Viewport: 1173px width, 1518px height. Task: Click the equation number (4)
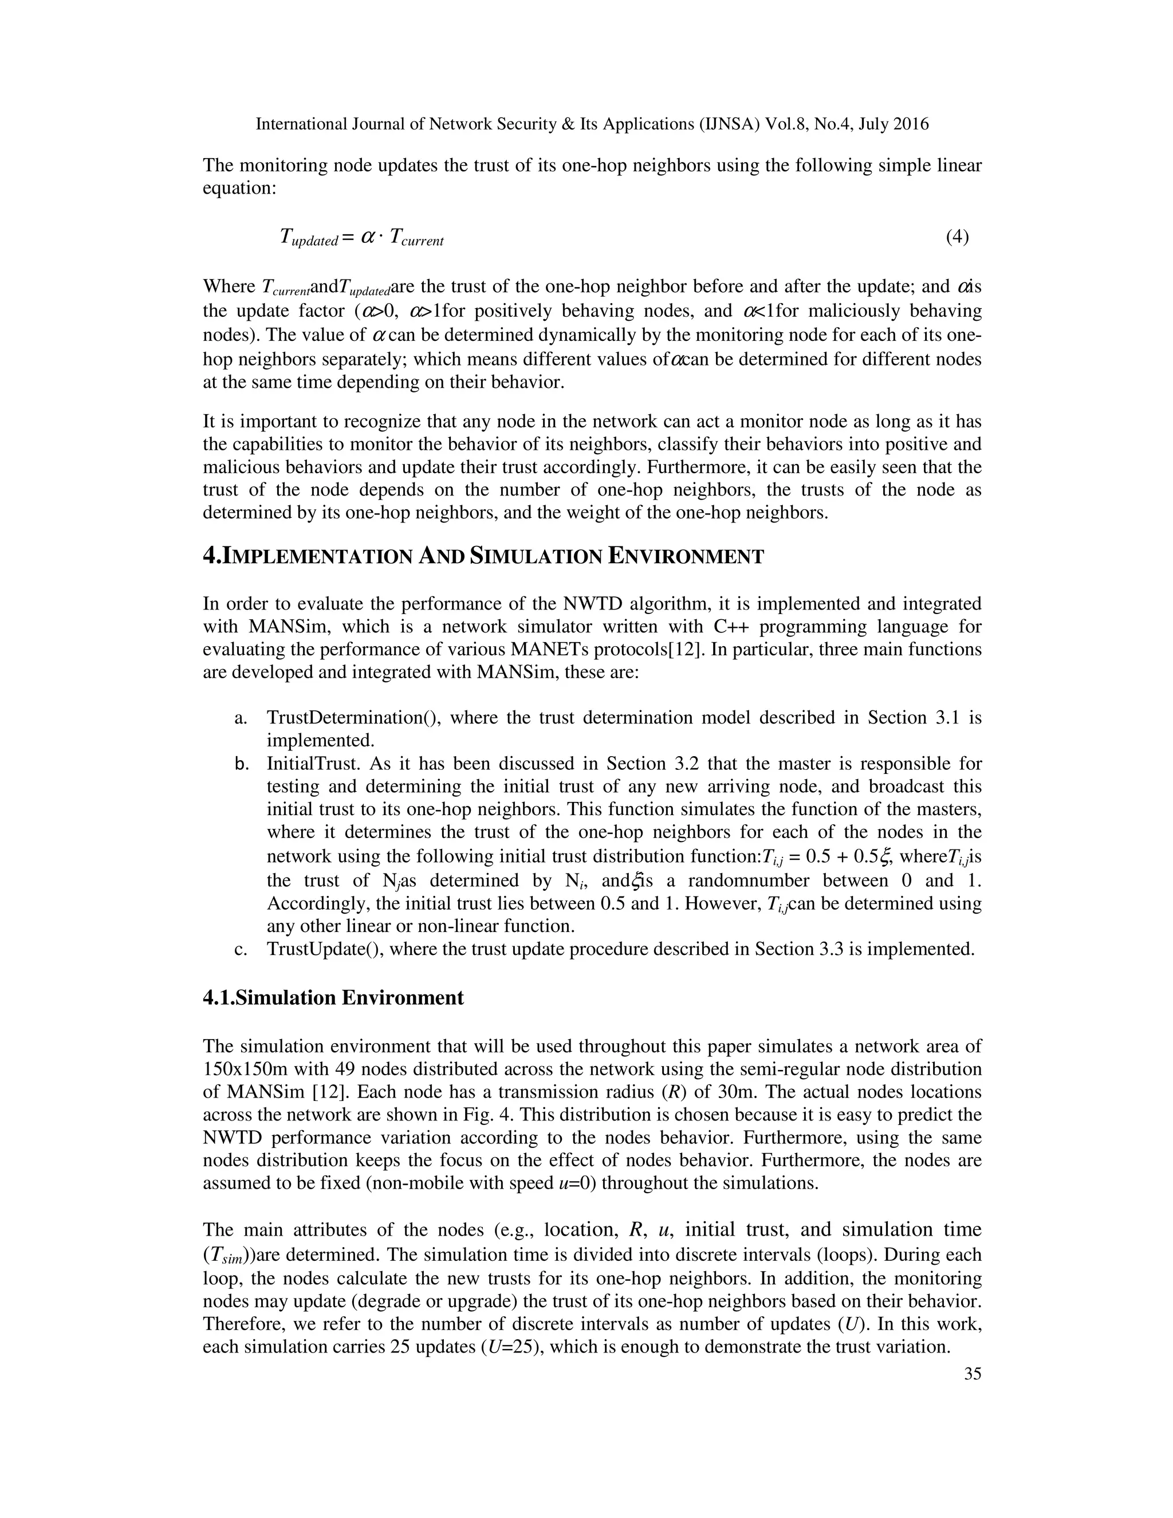[x=957, y=237]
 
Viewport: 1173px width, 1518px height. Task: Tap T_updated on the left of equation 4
[x=308, y=238]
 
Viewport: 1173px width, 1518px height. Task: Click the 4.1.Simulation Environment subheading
[x=333, y=998]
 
